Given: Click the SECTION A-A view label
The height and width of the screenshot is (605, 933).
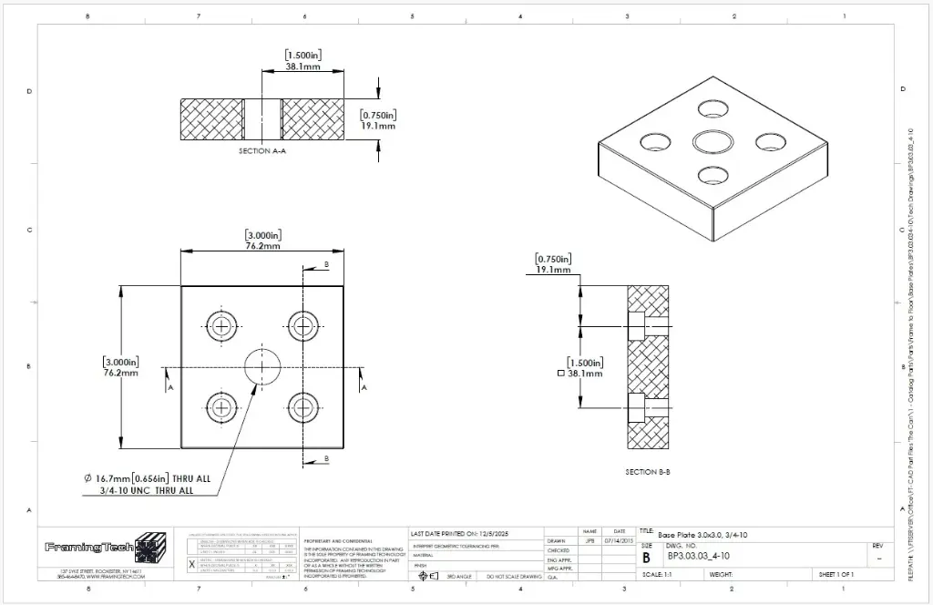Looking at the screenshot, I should click(x=262, y=150).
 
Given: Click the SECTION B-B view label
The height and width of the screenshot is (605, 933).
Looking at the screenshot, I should click(x=649, y=471).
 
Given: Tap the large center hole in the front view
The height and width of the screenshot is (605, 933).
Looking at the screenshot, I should click(x=262, y=367).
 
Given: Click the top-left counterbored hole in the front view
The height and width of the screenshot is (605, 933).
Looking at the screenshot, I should click(x=221, y=325).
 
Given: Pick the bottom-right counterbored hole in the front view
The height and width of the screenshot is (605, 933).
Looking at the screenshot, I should click(x=302, y=407).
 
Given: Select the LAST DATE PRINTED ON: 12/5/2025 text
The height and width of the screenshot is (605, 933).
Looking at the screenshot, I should click(x=459, y=532).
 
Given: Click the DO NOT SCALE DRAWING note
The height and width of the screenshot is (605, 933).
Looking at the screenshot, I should click(x=514, y=577).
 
